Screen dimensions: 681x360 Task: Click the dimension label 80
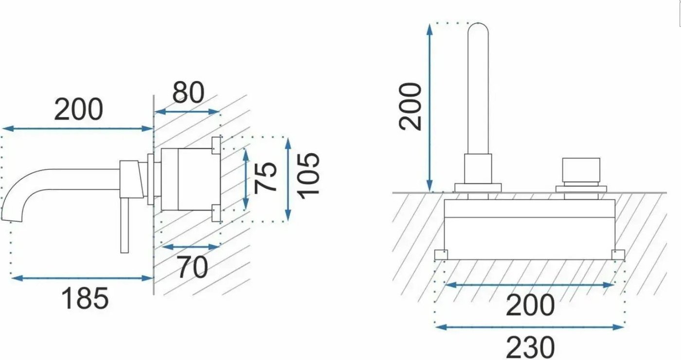(188, 92)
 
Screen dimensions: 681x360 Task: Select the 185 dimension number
(85, 298)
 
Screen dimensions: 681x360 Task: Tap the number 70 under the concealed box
(192, 267)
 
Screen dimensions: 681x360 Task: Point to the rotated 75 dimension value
(265, 179)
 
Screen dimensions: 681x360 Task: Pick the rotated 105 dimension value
(308, 176)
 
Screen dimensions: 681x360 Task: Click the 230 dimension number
(530, 348)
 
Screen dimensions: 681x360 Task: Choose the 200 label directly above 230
(530, 305)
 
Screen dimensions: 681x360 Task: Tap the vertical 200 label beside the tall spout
(410, 107)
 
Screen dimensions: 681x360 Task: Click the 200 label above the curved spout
(78, 109)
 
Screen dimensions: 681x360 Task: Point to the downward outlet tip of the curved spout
(12, 219)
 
